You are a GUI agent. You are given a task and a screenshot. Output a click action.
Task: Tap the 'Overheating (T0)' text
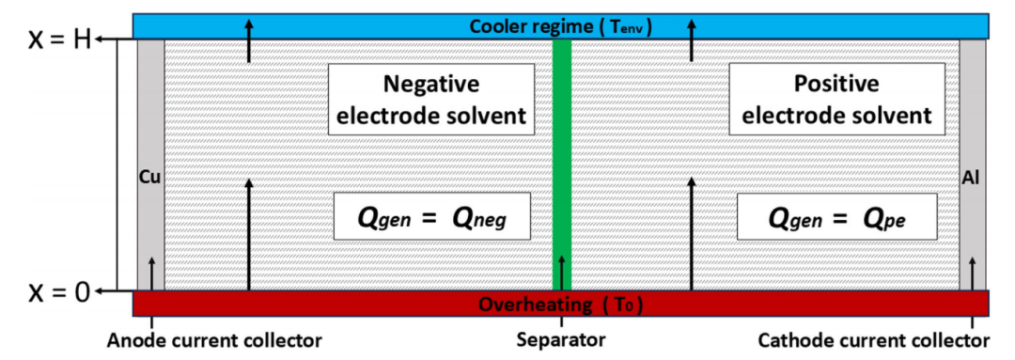click(x=560, y=305)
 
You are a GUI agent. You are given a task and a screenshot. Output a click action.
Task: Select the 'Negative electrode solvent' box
click(x=431, y=101)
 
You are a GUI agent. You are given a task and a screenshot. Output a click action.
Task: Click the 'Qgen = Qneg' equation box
click(x=431, y=218)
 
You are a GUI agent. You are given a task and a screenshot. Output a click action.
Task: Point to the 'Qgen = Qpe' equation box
click(x=835, y=218)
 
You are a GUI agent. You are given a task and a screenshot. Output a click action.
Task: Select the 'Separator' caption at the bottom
click(x=561, y=339)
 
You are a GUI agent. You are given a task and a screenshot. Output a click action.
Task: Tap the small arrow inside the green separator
click(x=562, y=272)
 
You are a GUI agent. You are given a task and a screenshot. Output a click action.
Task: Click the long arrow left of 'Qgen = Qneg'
click(x=249, y=235)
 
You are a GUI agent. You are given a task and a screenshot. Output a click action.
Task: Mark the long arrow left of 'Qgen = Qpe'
click(x=692, y=235)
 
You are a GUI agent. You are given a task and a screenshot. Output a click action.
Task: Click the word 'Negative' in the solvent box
click(x=431, y=85)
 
